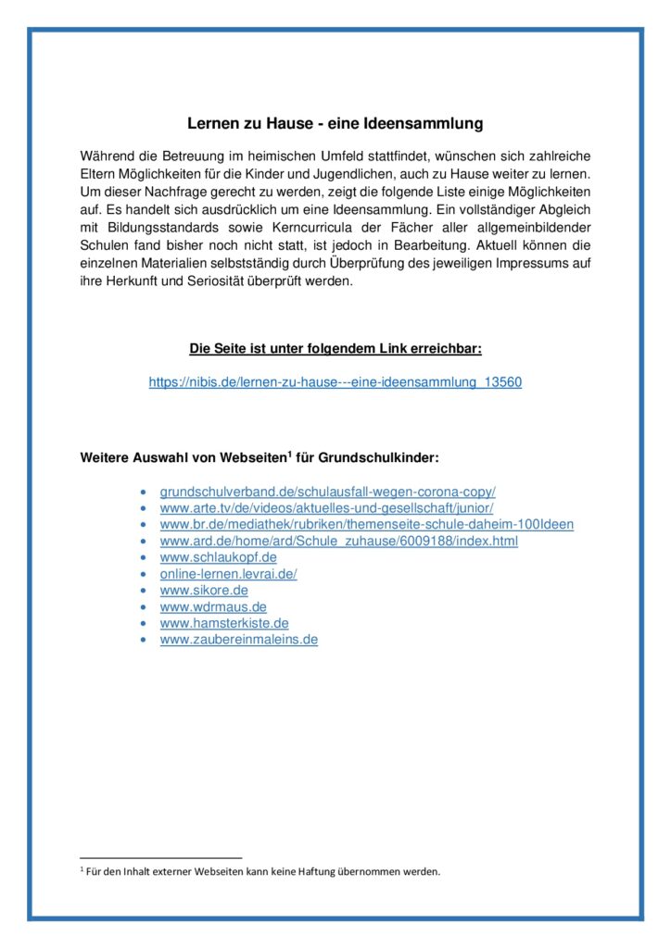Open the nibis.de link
coord(335,381)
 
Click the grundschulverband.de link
coord(327,491)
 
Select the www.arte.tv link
coord(326,507)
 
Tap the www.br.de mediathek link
coord(366,524)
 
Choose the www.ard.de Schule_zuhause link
coord(338,541)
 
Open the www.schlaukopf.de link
coord(218,557)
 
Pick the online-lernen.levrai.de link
coord(228,574)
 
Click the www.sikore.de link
coord(204,591)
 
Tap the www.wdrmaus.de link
coord(213,607)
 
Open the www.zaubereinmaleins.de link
coord(238,640)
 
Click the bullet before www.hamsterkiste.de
coord(141,624)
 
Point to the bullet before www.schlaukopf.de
coord(141,557)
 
